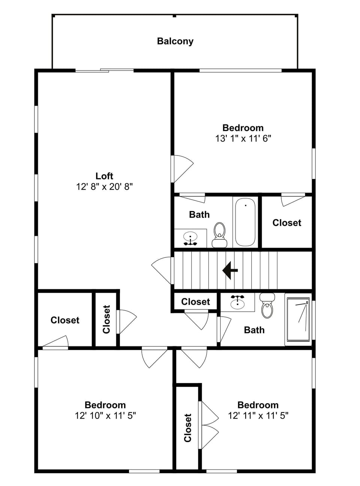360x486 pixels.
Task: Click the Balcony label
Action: [175, 41]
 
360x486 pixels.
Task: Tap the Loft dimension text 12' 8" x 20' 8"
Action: [105, 187]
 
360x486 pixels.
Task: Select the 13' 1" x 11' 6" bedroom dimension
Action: [243, 139]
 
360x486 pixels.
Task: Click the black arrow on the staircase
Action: [230, 270]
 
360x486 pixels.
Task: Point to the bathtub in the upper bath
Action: [245, 222]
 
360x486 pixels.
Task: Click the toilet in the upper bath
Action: [219, 235]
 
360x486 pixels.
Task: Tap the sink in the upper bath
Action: [190, 238]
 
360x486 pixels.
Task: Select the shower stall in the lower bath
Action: [298, 319]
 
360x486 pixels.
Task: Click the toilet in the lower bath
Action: [267, 306]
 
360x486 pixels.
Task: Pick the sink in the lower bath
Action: [237, 302]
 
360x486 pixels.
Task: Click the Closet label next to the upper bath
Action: [287, 223]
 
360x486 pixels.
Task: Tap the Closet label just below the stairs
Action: [195, 302]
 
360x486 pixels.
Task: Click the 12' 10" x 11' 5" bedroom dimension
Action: [105, 416]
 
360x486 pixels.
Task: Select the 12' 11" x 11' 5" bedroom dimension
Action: [258, 416]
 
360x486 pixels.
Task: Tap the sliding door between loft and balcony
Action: [104, 70]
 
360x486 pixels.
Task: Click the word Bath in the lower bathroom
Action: [254, 330]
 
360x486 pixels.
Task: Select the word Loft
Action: [104, 176]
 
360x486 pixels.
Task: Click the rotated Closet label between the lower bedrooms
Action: [188, 428]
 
